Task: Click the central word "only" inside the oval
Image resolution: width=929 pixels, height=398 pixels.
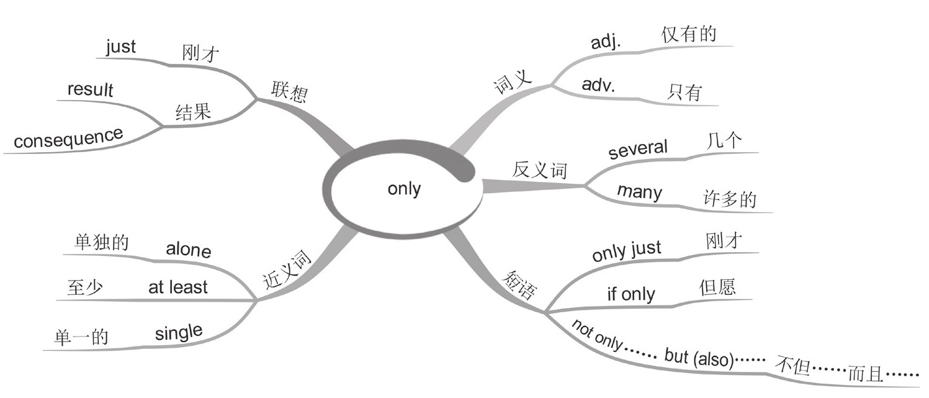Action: click(x=404, y=188)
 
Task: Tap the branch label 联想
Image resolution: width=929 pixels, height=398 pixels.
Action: click(x=289, y=92)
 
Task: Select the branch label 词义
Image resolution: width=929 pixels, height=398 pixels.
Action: click(x=513, y=82)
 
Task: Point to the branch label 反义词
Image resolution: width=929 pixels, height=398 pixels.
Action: click(x=540, y=170)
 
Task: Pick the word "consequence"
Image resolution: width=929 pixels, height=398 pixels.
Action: click(x=68, y=138)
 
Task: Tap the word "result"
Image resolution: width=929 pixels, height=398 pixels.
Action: click(x=91, y=89)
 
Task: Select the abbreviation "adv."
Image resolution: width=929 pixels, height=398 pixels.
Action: click(x=599, y=86)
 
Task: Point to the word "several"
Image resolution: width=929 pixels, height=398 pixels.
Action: click(x=638, y=149)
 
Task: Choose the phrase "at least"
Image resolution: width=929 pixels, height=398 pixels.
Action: click(x=178, y=287)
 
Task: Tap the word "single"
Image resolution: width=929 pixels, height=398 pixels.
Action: click(x=179, y=333)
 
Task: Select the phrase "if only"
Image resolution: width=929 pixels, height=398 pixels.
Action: click(x=631, y=293)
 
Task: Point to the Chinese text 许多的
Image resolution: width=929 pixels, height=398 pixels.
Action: click(x=730, y=199)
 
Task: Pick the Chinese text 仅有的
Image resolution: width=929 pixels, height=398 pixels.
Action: click(x=689, y=34)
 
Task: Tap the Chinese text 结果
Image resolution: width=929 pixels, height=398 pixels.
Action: click(x=193, y=112)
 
